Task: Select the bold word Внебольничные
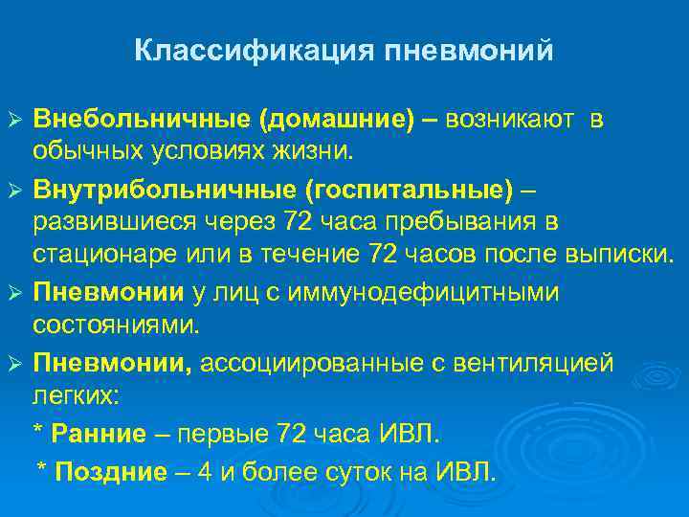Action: [141, 120]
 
